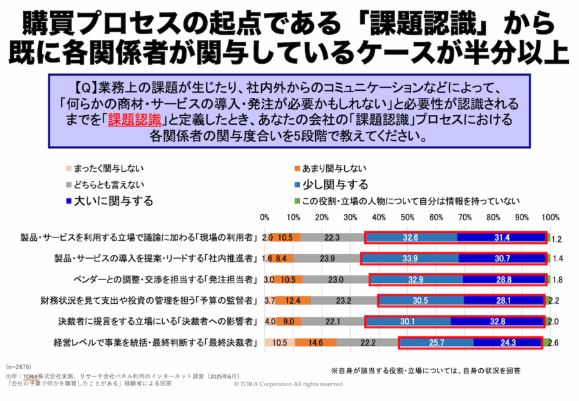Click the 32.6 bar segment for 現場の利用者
pyautogui.click(x=410, y=238)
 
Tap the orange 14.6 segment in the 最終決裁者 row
pyautogui.click(x=315, y=342)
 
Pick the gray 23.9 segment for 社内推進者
pyautogui.click(x=327, y=259)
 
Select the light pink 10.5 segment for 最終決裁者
pyautogui.click(x=279, y=342)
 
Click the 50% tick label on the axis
pyautogui.click(x=408, y=218)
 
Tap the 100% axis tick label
pyautogui.click(x=550, y=218)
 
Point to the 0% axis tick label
pyautogui.click(x=265, y=218)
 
